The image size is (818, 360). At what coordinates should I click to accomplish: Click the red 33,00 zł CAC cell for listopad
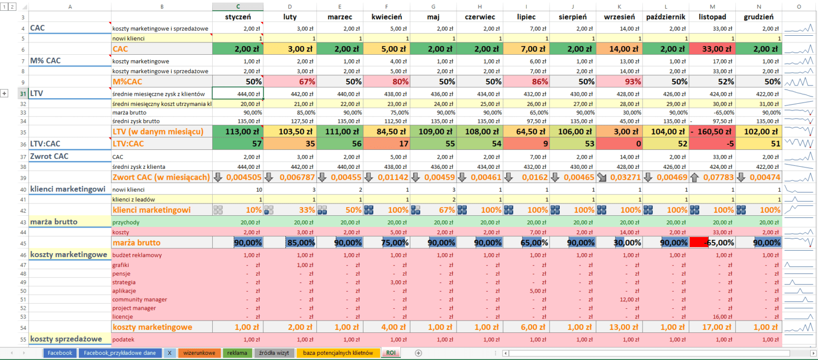coord(712,49)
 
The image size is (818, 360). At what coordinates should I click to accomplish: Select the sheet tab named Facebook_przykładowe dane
coord(120,353)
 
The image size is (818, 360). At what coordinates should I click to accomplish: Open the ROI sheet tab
coord(391,353)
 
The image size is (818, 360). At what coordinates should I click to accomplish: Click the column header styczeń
coord(238,17)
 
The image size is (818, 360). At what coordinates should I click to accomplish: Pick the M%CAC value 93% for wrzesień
coord(619,81)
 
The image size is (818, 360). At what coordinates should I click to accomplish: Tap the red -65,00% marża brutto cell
coord(712,242)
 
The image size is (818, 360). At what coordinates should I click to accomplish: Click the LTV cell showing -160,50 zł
coord(712,131)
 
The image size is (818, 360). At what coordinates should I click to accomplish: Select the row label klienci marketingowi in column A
coord(67,189)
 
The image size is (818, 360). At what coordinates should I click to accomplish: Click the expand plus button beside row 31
coord(5,94)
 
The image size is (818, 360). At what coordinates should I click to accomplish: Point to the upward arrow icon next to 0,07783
coord(694,177)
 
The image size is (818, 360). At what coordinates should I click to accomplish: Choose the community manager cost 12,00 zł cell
coord(619,300)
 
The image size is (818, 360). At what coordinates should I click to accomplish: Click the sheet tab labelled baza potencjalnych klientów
coord(337,353)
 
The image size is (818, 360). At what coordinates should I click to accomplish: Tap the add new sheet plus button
coord(418,353)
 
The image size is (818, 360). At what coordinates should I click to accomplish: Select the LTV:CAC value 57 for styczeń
coord(238,144)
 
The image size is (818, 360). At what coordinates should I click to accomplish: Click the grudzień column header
coord(759,17)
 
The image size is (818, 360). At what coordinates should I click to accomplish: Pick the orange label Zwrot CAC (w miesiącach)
coord(161,177)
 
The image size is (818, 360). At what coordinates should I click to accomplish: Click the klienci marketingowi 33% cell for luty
coord(290,210)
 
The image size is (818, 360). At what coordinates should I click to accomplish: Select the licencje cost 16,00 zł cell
coord(712,317)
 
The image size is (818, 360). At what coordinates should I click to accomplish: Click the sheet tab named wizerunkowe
coord(199,353)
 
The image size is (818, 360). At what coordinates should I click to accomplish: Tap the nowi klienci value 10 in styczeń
coord(238,190)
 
